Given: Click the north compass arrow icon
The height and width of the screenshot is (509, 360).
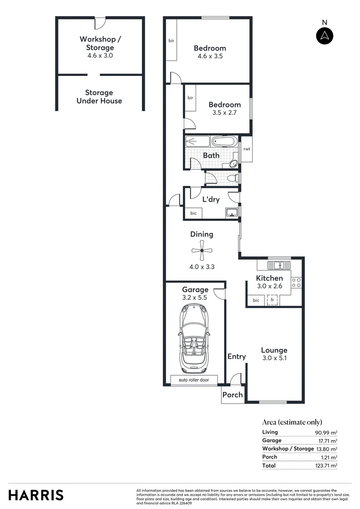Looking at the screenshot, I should point(324,36).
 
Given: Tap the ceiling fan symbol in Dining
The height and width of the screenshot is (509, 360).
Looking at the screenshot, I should point(202,251).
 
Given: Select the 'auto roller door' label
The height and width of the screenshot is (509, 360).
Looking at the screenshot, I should point(194,380).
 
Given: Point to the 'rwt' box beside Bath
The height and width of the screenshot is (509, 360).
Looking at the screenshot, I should point(246,149).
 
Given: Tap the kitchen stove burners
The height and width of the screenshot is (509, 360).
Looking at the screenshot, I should point(297,283).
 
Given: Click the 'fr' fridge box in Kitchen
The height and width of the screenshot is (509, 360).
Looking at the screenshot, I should point(272,300).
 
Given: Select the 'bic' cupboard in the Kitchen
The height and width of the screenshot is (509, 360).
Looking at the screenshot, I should point(256,300).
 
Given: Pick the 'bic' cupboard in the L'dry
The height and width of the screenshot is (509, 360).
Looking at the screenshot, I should point(193,213).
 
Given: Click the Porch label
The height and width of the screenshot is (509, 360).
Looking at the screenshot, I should point(232,395).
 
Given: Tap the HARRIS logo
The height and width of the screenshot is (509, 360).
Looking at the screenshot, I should point(36,495).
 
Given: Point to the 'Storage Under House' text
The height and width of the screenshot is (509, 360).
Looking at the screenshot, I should point(99,97).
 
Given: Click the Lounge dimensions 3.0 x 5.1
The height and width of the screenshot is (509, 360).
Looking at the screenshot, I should point(274,358).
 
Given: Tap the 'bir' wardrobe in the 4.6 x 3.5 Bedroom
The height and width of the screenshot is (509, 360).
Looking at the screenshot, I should point(172,41).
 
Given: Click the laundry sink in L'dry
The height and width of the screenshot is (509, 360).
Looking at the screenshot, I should point(231,213).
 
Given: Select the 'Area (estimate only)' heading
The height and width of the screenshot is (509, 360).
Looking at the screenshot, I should point(292,422).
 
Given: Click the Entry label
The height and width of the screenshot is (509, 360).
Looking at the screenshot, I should point(237,357).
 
